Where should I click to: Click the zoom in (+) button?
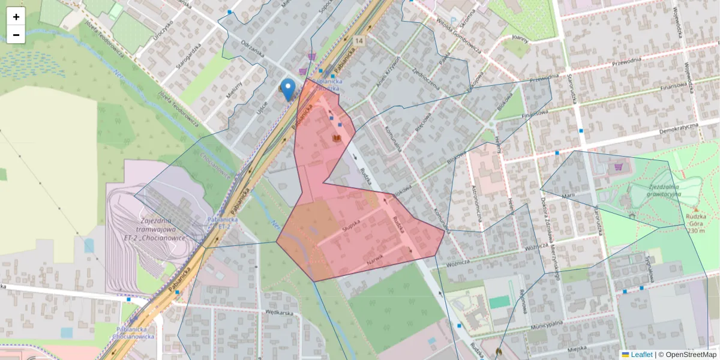pos(16,17)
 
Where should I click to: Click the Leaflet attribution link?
pos(641,355)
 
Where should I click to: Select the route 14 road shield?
pos(359,40)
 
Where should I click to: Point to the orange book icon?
pos(337,139)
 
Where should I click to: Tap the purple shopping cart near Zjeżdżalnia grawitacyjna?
pos(619,167)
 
